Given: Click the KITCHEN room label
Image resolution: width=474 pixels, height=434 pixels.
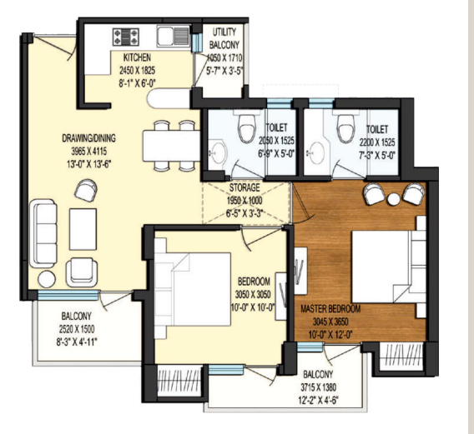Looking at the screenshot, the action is tap(137, 57).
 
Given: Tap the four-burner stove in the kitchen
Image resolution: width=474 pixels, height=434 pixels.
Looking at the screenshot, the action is tap(126, 37).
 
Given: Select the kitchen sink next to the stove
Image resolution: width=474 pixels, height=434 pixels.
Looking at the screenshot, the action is tap(173, 36).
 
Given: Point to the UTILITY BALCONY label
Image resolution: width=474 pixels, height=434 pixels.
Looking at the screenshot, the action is tap(224, 38).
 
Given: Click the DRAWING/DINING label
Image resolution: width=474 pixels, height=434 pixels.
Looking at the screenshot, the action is tap(88, 138).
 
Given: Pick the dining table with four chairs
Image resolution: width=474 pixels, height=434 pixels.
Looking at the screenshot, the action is tap(171, 146).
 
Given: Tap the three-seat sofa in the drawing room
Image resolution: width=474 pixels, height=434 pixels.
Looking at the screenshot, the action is tap(43, 233).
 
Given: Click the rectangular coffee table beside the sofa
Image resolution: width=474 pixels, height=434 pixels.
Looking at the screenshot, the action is tap(83, 229).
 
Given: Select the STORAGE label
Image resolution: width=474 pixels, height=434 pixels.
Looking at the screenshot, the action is tap(245, 187).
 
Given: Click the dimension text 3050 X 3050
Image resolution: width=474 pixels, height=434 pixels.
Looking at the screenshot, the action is tap(253, 294).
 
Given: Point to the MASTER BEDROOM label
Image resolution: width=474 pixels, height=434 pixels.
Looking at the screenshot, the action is tap(330, 309).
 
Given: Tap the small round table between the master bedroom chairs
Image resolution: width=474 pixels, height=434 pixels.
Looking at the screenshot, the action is tap(394, 199).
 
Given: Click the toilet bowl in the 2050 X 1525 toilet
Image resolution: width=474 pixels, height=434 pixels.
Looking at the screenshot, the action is tap(247, 128).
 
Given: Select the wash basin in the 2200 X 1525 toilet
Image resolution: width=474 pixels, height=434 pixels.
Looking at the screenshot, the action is tap(316, 152).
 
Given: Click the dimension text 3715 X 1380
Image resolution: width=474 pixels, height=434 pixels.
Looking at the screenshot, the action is tap(318, 387).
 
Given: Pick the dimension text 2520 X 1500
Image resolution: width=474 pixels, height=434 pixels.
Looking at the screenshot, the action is tap(77, 329).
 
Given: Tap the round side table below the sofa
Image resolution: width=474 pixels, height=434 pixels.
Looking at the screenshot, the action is tap(47, 279).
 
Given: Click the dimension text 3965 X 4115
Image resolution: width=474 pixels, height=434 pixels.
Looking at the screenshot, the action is tap(88, 151).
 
